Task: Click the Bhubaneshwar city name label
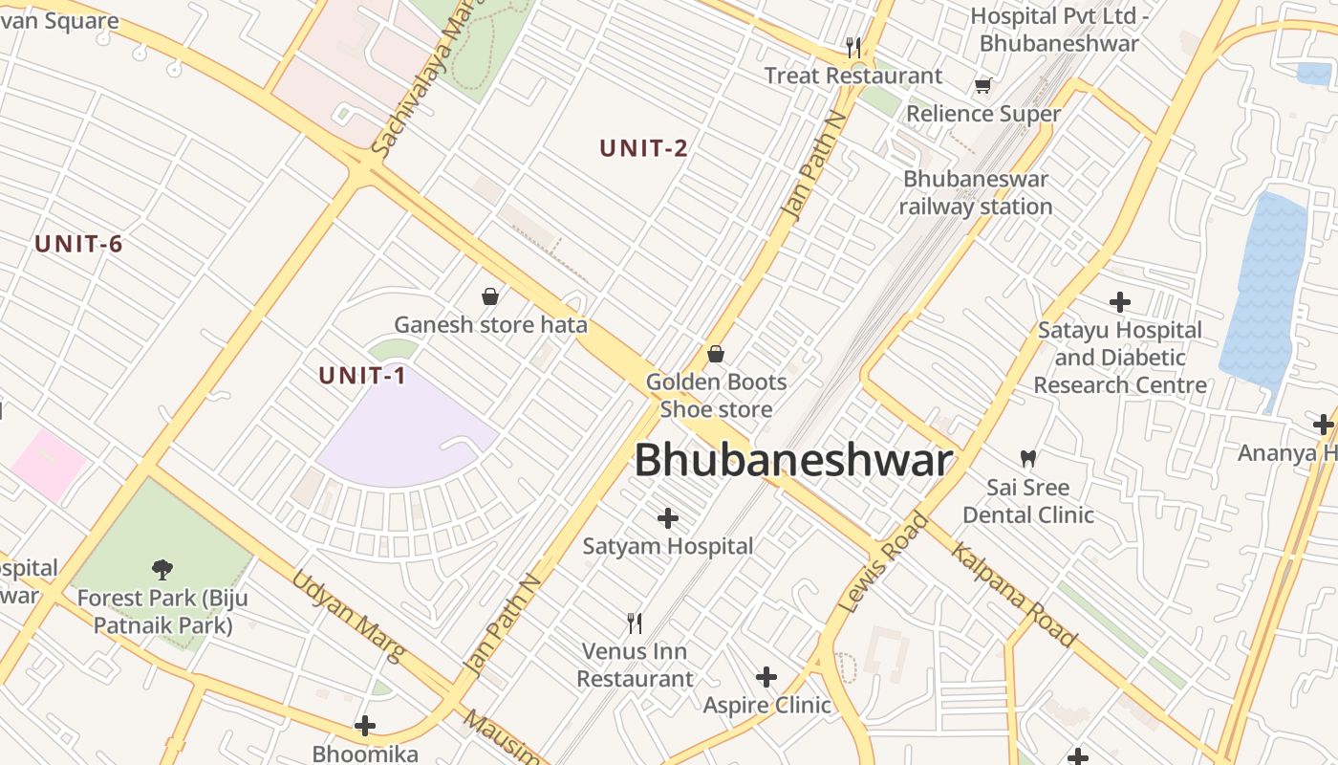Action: [793, 461]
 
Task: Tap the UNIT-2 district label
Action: [643, 148]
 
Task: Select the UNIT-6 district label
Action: [78, 244]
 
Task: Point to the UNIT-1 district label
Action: [362, 376]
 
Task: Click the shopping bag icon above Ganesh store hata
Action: [490, 296]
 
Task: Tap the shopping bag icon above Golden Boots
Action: [716, 355]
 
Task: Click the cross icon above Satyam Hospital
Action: [668, 518]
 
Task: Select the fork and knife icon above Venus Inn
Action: [635, 623]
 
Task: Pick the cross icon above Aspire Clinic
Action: [766, 677]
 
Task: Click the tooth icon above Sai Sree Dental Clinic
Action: [1028, 459]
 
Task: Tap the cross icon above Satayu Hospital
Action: [1120, 302]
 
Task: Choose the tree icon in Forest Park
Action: [162, 570]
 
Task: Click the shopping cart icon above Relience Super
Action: [982, 86]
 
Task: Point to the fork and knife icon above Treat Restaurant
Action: [853, 47]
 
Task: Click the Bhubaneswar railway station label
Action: [975, 192]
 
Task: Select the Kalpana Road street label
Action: [1014, 595]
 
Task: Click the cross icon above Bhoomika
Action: [365, 726]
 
